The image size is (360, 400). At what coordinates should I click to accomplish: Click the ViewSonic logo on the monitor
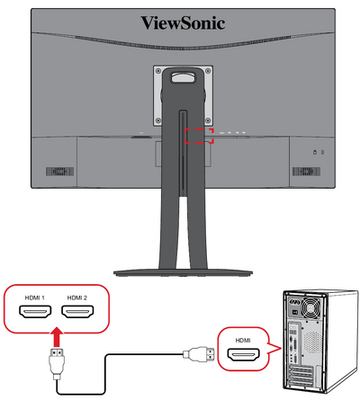pyautogui.click(x=183, y=23)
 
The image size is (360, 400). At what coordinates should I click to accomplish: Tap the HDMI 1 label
pyautogui.click(x=34, y=298)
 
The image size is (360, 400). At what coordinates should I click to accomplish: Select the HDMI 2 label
pyautogui.click(x=77, y=298)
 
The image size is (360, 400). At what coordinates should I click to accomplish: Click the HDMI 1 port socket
pyautogui.click(x=35, y=312)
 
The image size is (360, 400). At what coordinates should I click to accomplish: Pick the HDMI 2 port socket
pyautogui.click(x=77, y=312)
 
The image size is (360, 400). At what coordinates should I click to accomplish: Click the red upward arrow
pyautogui.click(x=57, y=338)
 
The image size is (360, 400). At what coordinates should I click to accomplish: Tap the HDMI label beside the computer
pyautogui.click(x=243, y=341)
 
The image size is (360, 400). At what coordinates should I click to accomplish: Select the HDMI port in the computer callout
pyautogui.click(x=243, y=355)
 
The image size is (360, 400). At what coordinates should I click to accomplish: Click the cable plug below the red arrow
pyautogui.click(x=57, y=364)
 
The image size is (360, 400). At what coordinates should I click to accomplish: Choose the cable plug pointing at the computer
pyautogui.click(x=199, y=354)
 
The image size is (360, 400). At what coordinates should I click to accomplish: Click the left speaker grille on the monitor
pyautogui.click(x=59, y=172)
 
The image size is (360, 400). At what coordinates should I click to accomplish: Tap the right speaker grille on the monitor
pyautogui.click(x=306, y=172)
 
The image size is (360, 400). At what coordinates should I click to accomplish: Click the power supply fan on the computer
pyautogui.click(x=311, y=308)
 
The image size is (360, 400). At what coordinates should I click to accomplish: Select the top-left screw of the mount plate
pyautogui.click(x=158, y=71)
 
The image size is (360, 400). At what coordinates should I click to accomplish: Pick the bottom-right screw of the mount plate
pyautogui.click(x=208, y=120)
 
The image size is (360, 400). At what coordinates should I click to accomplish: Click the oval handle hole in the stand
pyautogui.click(x=183, y=76)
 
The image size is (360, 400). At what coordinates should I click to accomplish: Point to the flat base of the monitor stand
pyautogui.click(x=183, y=272)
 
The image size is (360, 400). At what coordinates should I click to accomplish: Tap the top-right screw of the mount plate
pyautogui.click(x=208, y=71)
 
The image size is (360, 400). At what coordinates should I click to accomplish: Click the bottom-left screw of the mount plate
pyautogui.click(x=158, y=120)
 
